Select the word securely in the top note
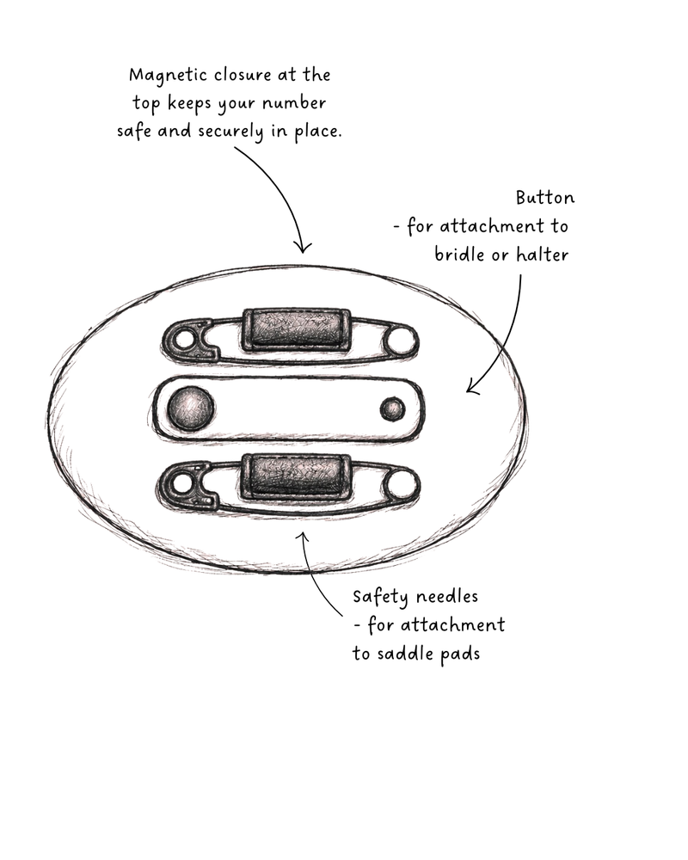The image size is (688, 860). [230, 132]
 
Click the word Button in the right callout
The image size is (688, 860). [544, 198]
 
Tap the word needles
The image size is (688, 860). [446, 596]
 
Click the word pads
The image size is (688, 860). [460, 654]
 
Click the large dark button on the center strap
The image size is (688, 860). [190, 408]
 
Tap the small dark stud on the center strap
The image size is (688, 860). [392, 409]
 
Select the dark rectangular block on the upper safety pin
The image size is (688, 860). [296, 329]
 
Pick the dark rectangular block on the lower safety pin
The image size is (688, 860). [296, 476]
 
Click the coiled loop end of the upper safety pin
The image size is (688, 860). [401, 341]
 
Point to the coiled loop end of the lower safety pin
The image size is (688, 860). [402, 486]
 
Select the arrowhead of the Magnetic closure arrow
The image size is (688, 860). [303, 249]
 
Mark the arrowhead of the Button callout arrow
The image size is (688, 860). [471, 387]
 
